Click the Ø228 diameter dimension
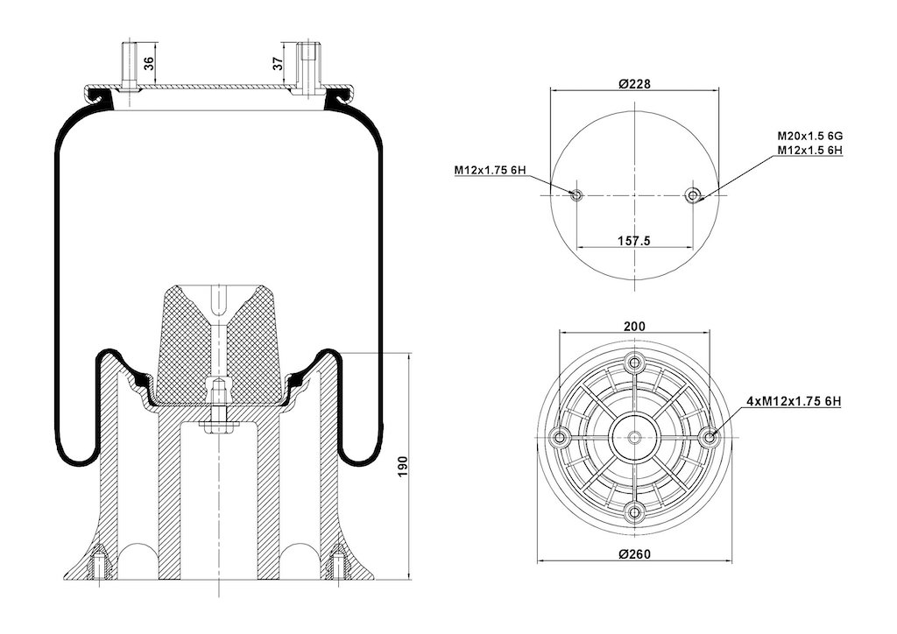point(634,83)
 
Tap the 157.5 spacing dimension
point(634,241)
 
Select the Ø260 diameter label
point(634,554)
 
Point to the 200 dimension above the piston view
point(634,327)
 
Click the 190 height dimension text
point(403,467)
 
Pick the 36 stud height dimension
point(149,63)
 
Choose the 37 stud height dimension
point(278,63)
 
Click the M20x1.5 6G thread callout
point(810,136)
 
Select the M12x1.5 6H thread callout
point(810,150)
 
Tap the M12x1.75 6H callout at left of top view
point(491,170)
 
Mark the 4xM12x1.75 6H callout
point(794,401)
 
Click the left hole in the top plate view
point(576,195)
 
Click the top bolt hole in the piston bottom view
point(634,362)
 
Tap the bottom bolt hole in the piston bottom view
point(634,512)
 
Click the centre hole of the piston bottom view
point(634,438)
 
